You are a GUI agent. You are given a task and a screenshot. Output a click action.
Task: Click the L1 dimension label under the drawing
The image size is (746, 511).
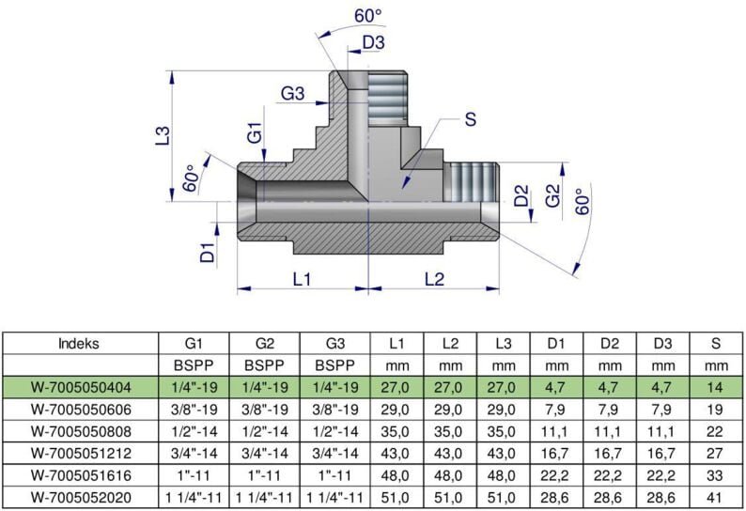301,279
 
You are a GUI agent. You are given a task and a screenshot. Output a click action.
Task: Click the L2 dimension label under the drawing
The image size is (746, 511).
433,279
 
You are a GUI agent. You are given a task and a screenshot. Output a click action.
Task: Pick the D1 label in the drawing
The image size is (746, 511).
208,251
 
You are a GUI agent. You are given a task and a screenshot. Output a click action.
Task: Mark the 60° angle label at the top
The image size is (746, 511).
367,15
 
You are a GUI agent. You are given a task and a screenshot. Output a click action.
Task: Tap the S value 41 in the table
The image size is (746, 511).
716,495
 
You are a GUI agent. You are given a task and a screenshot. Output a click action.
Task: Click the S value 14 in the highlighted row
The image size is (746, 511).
716,387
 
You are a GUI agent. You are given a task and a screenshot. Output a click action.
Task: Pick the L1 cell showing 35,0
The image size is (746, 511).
396,430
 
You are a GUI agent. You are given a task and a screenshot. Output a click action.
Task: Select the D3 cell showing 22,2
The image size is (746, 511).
663,473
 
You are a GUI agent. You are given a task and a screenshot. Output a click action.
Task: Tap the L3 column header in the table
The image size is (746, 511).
504,343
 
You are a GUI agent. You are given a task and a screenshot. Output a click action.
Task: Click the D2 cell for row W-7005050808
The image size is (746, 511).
610,430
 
